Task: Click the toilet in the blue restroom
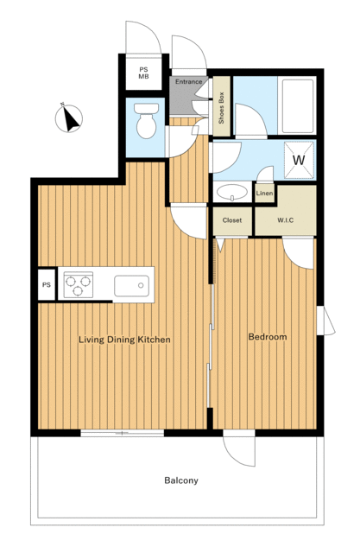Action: point(147,120)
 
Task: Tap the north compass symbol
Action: point(69,118)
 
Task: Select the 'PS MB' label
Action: point(143,73)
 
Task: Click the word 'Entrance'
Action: point(189,82)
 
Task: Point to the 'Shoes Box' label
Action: point(221,107)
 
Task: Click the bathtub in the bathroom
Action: point(297,105)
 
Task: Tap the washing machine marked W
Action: point(299,160)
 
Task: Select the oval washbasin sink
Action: point(231,192)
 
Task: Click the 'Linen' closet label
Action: point(264,194)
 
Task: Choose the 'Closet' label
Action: point(232,220)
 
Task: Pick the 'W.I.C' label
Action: point(285,220)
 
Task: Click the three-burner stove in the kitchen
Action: point(79,284)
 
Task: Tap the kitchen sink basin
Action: point(131,286)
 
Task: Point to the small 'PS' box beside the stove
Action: point(47,285)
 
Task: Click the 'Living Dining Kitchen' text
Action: point(124,340)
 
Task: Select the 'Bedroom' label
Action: point(268,337)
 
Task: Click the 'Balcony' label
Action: point(181,480)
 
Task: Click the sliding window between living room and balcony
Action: point(123,433)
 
